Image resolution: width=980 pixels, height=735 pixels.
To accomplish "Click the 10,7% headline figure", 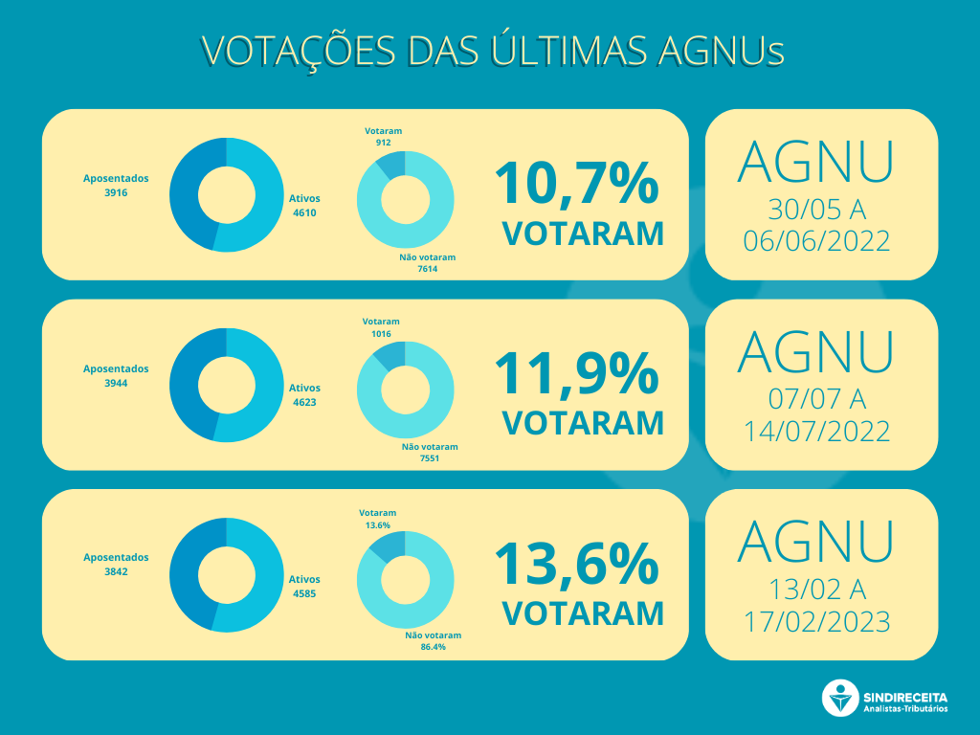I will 576,183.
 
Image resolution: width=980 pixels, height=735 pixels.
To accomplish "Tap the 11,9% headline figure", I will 576,373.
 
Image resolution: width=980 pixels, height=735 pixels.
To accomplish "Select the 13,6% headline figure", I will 576,564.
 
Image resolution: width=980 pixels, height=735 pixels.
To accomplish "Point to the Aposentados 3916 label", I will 116,186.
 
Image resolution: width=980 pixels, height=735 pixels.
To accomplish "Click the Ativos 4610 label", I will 304,206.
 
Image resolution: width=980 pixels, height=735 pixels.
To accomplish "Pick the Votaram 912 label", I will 383,136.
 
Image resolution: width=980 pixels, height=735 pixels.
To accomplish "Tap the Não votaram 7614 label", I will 427,263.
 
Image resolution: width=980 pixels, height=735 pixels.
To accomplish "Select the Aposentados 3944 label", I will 116,375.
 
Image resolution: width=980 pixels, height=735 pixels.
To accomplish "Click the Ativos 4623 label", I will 304,395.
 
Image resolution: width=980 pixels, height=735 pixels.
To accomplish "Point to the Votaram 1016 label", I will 381,327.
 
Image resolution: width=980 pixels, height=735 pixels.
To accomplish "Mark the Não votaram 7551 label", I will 430,453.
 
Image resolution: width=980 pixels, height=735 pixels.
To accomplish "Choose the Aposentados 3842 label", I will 116,564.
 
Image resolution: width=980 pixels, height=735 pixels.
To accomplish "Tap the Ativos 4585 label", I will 304,586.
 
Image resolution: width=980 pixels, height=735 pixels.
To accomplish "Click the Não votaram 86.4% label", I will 433,641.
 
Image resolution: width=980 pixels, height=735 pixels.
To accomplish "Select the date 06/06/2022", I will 816,239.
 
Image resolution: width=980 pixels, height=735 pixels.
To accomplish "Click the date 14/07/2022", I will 816,430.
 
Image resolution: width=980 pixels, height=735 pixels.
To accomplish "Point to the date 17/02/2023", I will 816,620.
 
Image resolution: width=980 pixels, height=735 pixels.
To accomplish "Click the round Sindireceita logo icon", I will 840,699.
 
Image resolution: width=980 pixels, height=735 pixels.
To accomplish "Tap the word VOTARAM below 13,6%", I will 582,612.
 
